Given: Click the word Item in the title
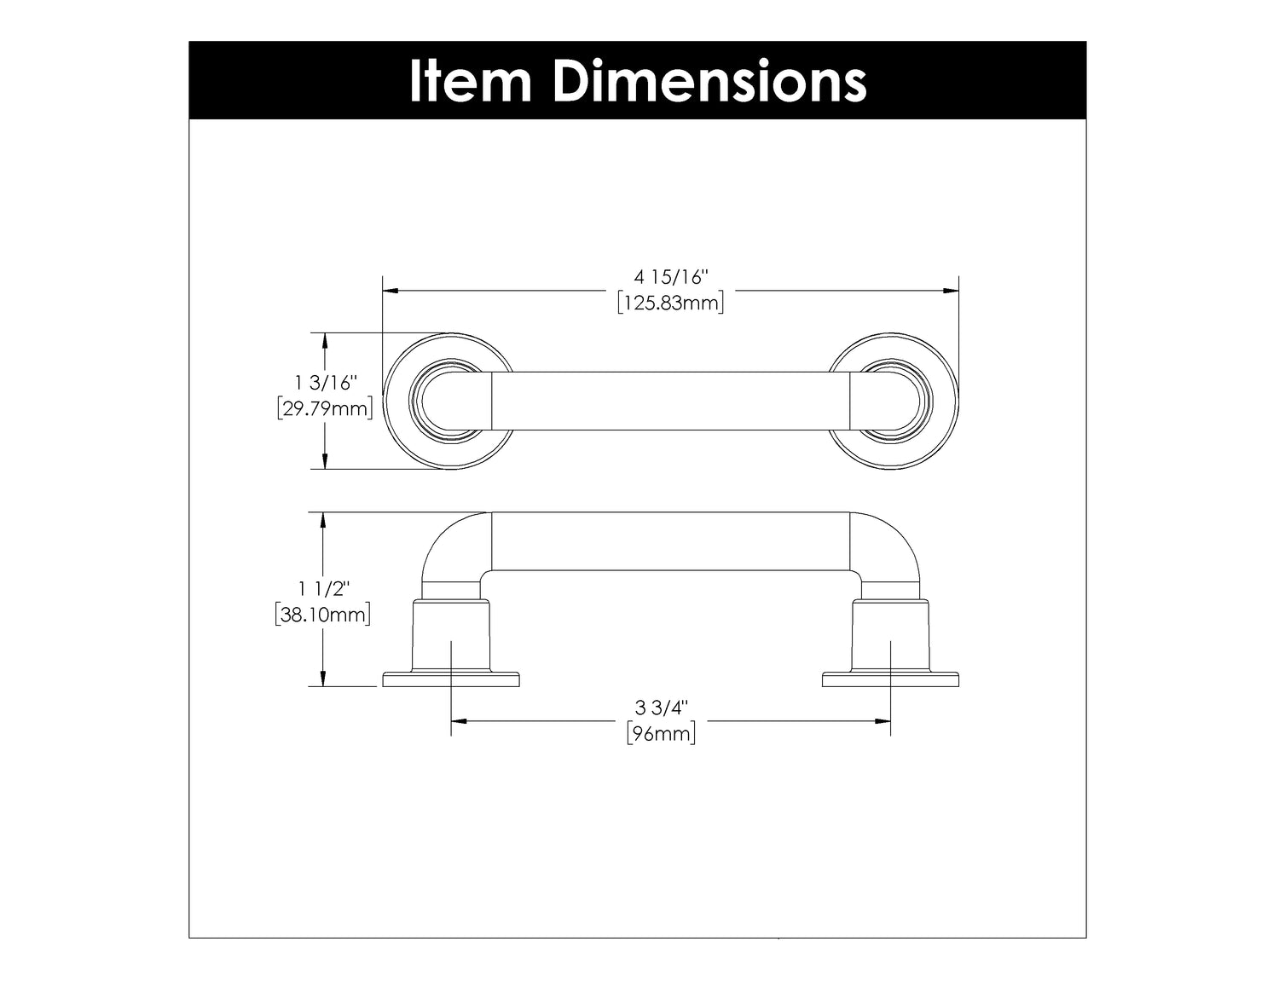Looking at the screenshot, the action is [471, 81].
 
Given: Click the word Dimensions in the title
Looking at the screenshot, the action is [709, 81].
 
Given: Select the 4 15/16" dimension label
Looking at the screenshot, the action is [670, 276].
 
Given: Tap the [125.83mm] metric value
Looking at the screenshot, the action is [670, 303].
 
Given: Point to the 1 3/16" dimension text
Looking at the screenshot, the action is [326, 383].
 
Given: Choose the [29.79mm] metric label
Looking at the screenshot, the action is [325, 408].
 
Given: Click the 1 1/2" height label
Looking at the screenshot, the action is [323, 588].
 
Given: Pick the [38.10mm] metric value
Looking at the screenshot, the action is [322, 615].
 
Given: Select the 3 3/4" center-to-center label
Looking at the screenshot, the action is [662, 708].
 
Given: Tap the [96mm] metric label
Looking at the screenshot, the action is [661, 734].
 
